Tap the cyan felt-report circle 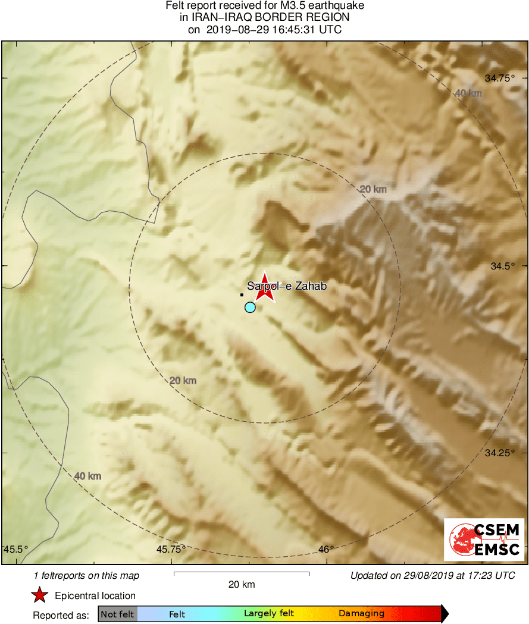[250, 307]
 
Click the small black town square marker [242, 294]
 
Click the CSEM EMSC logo [484, 540]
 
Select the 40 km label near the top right [468, 93]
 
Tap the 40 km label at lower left [87, 476]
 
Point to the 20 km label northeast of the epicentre [373, 189]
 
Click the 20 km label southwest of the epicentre [183, 381]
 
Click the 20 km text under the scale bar [242, 585]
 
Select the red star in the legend [40, 595]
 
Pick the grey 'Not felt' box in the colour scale [117, 614]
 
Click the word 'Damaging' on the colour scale [361, 614]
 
